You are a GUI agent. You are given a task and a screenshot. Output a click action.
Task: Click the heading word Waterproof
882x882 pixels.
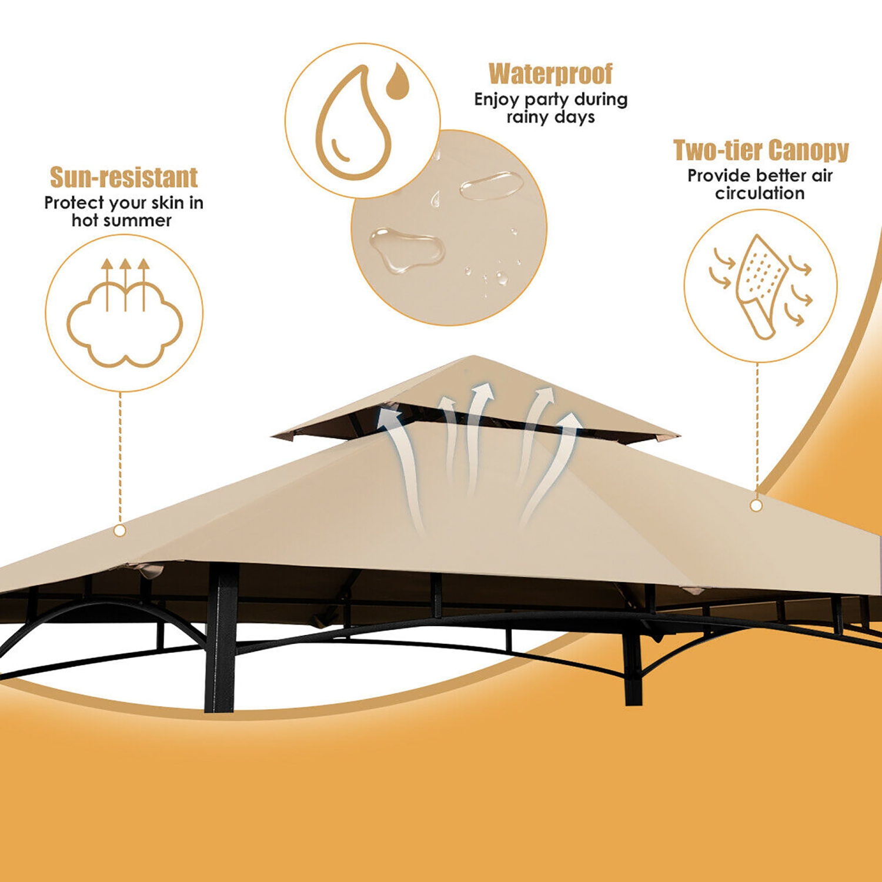pyautogui.click(x=550, y=74)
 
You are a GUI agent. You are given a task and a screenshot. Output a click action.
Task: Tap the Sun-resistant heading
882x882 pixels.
pyautogui.click(x=123, y=178)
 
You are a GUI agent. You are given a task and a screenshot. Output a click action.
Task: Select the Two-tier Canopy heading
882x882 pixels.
pyautogui.click(x=761, y=151)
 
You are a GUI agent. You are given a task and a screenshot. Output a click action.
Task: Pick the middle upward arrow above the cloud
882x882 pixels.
pyautogui.click(x=125, y=282)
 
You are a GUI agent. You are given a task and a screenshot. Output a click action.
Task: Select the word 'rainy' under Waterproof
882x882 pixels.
pyautogui.click(x=527, y=118)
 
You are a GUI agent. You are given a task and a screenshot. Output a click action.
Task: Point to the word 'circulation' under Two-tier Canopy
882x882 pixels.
pyautogui.click(x=760, y=193)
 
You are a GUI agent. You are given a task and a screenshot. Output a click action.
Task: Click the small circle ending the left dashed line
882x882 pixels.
pyautogui.click(x=120, y=531)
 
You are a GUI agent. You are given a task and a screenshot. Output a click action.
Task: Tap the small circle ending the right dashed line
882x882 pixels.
pyautogui.click(x=756, y=506)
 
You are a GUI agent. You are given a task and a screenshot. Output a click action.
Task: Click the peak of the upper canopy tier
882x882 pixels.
pyautogui.click(x=474, y=357)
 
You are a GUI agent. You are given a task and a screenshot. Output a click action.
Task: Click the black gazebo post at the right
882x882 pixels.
pyautogui.click(x=633, y=659)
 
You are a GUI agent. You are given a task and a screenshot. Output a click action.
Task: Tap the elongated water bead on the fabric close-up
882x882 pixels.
pyautogui.click(x=492, y=185)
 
